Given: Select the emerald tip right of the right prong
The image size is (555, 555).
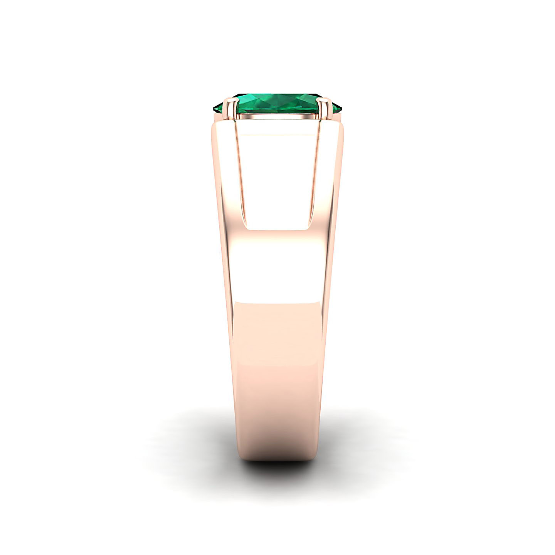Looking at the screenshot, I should pos(336,108).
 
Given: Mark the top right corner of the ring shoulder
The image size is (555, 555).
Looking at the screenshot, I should pos(341,125).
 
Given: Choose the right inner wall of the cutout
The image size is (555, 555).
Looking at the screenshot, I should pos(314,181).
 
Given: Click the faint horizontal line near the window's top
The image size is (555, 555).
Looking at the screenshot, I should pos(277,135).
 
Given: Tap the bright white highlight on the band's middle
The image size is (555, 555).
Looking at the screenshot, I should pos(277,266).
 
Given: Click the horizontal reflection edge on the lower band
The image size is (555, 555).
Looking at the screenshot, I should pos(277,303).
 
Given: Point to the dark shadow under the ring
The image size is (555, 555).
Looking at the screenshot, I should pos(277,468).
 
